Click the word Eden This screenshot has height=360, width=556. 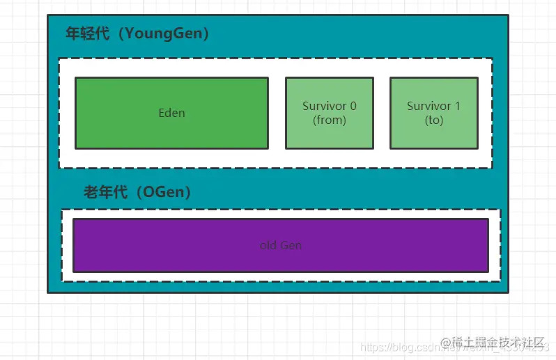(171, 113)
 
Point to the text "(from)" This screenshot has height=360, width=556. (329, 120)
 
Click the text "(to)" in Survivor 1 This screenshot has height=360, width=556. (433, 120)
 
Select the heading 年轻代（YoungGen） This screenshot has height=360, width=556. (137, 33)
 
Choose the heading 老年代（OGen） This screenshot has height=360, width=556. (137, 192)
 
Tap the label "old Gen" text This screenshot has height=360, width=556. (280, 245)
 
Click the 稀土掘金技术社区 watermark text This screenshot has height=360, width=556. (497, 343)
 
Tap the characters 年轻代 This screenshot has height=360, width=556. (87, 33)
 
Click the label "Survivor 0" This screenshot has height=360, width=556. (329, 106)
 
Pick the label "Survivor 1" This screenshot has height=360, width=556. (433, 106)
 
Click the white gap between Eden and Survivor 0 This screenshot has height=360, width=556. (277, 113)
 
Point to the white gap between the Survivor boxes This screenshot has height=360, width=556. (381, 113)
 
